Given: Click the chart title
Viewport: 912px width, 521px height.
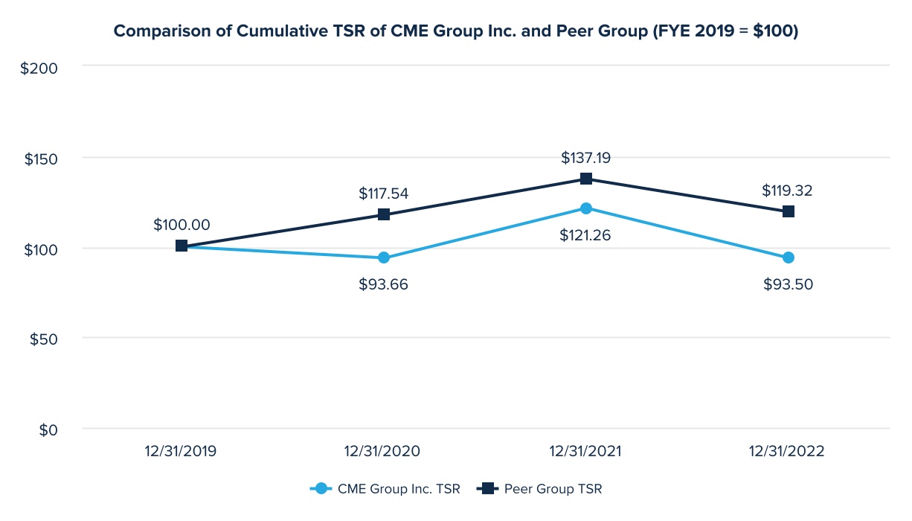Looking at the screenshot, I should point(455,31).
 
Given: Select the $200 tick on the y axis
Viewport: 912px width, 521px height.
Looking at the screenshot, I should point(39,67).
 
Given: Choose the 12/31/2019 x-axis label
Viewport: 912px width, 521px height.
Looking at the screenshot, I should point(182,452).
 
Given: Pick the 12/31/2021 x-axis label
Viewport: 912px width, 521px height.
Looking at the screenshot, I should point(586,452).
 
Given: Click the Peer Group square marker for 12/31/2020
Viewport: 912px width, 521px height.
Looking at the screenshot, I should point(384,214).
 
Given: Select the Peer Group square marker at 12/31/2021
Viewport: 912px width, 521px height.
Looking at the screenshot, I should point(586,179).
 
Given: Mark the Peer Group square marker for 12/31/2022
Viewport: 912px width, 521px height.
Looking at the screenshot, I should point(789,211).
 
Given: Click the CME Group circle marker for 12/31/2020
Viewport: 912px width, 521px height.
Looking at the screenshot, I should point(384,258).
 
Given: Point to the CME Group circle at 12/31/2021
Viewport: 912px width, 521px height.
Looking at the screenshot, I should point(586,208).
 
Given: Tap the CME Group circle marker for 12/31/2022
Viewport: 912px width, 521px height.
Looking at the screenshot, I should point(789,258).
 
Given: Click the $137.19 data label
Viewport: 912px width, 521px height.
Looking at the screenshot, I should point(586,158).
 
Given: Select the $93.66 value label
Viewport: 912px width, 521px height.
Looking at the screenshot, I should point(384,284).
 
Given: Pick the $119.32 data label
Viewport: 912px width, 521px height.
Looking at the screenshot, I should point(787,191).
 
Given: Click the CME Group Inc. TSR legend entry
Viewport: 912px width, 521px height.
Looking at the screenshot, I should point(385,489).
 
